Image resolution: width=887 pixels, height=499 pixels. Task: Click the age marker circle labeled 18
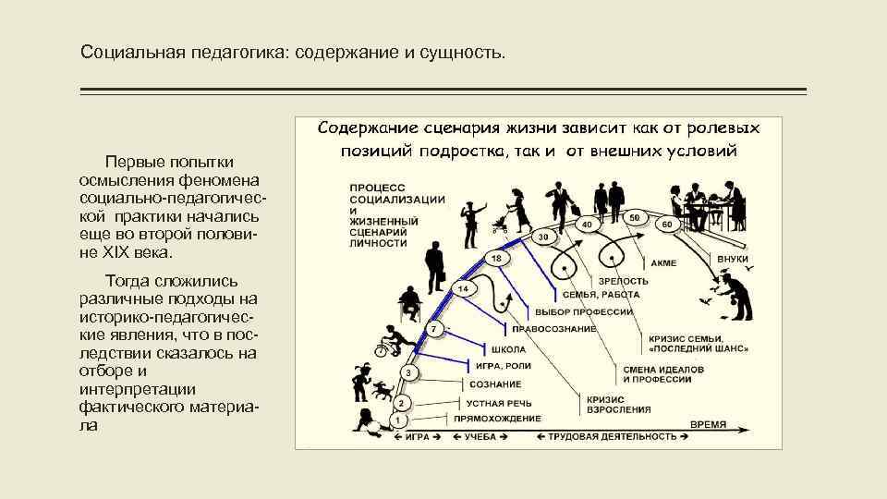pos(496,259)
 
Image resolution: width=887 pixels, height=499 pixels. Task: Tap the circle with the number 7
pos(432,330)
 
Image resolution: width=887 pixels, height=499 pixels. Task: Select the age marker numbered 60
pos(667,225)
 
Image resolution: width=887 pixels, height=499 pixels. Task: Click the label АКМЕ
pos(663,263)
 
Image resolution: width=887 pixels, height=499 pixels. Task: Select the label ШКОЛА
pos(509,349)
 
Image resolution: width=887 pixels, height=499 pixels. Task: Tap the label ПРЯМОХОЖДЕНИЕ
pos(504,419)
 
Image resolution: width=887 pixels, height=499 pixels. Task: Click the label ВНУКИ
pos(733,260)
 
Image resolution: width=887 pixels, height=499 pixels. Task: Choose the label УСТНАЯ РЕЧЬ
pos(497,403)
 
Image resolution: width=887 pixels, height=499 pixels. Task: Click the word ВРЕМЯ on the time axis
pos(709,424)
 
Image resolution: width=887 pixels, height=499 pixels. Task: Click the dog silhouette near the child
pos(382,392)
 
